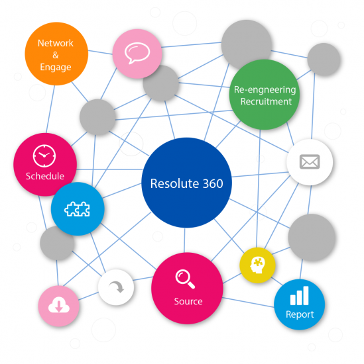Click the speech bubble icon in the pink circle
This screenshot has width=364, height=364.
point(137,53)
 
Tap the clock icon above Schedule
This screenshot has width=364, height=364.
point(44,156)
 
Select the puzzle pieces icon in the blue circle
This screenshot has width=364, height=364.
point(77,209)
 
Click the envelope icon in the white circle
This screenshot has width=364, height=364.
point(310,161)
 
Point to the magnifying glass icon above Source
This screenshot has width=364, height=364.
point(185,279)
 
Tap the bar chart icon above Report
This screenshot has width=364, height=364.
point(299,296)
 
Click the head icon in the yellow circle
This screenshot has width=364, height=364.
point(257,265)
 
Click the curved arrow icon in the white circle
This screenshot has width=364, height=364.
point(117,287)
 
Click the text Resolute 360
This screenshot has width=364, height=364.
point(186,183)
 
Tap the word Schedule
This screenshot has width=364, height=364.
point(45,176)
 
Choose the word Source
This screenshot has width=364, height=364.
point(188,301)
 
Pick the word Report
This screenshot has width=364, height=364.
point(300,315)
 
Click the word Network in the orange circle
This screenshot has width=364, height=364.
point(56,43)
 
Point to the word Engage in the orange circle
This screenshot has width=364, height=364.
point(56,68)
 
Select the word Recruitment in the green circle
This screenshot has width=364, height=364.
point(266,101)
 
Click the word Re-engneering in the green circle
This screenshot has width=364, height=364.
point(265,90)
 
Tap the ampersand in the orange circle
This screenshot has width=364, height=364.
point(55,55)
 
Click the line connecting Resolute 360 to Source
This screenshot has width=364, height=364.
point(184,240)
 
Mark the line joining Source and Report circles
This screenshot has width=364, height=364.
point(248,302)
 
